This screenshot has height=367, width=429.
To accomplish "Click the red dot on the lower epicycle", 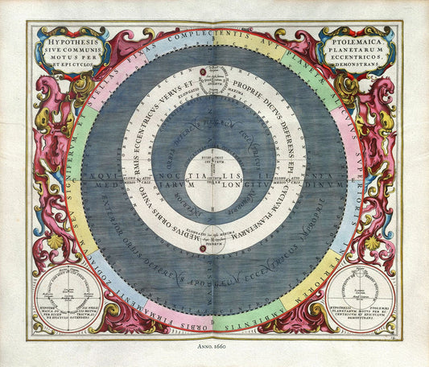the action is click(201, 250).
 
